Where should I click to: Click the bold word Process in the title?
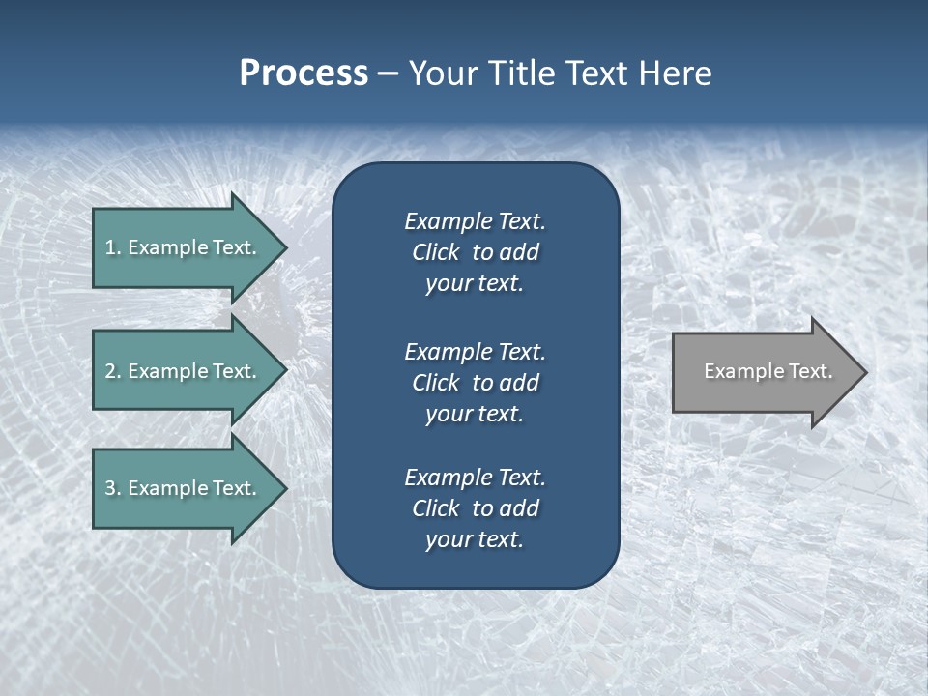304,73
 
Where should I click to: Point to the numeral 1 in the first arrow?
110,247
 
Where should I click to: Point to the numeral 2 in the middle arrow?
110,371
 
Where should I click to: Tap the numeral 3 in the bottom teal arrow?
110,488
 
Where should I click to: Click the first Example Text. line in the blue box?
475,221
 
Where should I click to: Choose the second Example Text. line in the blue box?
475,351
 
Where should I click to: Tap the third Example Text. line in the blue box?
475,478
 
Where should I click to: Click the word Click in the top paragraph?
435,253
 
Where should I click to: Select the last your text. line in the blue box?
475,539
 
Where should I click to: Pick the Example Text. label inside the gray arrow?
768,371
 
